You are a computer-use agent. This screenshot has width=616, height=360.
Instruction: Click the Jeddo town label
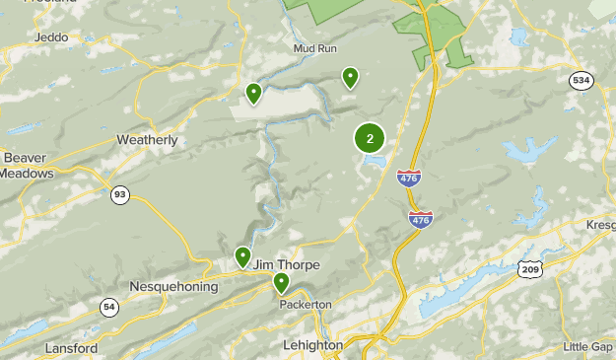49,36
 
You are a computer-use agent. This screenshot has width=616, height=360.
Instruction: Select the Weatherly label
148,140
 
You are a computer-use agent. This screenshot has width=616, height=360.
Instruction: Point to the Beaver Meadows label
26,165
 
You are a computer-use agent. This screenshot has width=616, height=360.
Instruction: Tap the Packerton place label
306,304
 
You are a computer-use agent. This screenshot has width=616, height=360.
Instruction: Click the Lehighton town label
311,346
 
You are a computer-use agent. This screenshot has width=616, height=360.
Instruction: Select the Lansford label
71,348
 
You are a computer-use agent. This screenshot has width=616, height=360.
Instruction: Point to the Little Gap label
587,346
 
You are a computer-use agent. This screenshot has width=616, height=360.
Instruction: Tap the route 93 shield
119,194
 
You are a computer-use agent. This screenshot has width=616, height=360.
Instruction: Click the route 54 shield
107,308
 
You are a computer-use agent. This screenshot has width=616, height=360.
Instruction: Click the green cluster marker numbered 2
370,138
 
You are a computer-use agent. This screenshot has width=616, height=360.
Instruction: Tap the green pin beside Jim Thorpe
242,256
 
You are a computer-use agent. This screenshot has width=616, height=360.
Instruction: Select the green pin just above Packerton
281,283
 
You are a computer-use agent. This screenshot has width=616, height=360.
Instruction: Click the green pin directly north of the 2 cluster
350,77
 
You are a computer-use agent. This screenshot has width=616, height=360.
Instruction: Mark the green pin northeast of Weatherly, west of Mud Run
253,93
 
